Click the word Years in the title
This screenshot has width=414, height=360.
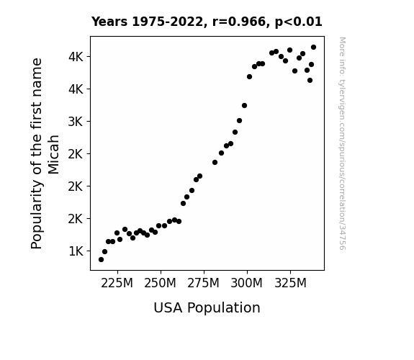coord(109,22)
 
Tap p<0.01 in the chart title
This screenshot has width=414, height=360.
coord(299,22)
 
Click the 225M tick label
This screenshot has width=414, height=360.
coord(117,283)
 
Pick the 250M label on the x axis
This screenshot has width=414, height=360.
coord(160,283)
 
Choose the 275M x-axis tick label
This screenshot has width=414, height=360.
coord(203,283)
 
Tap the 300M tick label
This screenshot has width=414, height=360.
coord(247,283)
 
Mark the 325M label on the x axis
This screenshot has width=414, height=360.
coord(290,283)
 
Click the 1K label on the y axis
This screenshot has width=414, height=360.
coord(76,251)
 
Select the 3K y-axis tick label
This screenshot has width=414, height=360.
coord(76,122)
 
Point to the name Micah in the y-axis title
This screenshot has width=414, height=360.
coord(53,155)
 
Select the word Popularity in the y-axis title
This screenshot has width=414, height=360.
coord(37,214)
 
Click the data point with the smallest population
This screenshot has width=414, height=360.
coord(101,260)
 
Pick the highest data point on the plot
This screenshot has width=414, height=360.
coord(313,48)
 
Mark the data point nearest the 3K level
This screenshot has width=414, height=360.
coord(239,121)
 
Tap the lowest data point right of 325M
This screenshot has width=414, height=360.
coord(310,81)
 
